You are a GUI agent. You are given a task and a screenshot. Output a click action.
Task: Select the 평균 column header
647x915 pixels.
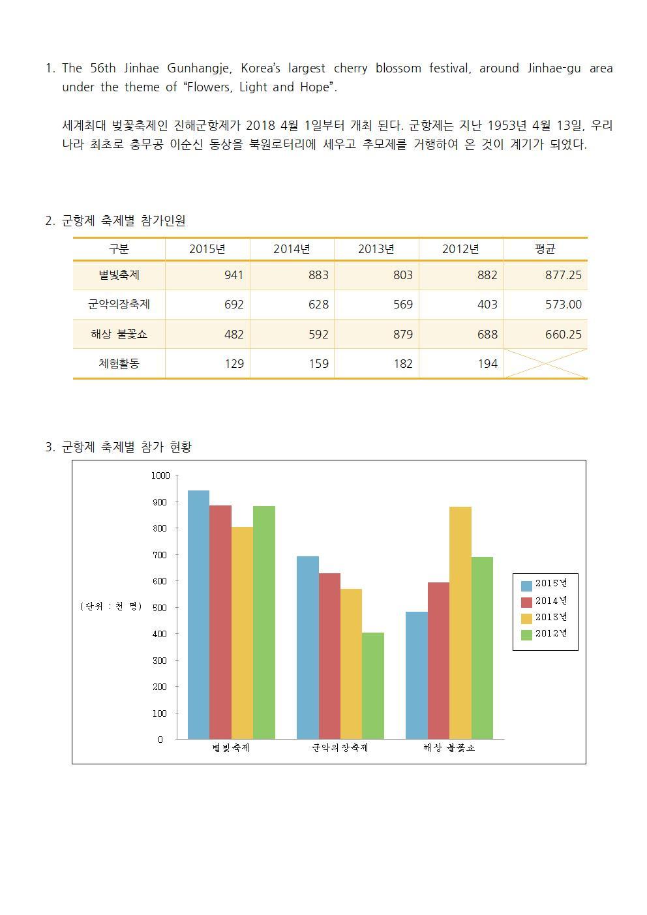[545, 249]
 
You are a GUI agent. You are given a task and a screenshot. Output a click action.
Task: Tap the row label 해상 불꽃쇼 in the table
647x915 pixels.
[119, 335]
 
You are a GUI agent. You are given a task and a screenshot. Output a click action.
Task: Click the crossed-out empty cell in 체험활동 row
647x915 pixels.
[545, 364]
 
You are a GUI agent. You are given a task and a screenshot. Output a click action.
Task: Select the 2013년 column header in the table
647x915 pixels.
[376, 249]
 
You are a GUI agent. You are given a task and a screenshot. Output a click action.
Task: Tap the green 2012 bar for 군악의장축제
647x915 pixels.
[372, 685]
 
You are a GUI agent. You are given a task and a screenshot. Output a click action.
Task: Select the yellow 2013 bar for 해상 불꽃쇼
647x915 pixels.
[460, 623]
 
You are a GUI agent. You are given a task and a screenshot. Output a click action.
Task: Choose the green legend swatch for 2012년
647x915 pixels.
[526, 635]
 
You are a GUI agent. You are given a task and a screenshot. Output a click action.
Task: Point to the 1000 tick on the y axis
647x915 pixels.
[160, 476]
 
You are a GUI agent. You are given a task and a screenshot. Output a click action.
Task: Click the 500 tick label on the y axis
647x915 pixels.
[160, 608]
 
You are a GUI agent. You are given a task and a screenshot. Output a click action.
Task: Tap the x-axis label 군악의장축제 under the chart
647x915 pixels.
[340, 748]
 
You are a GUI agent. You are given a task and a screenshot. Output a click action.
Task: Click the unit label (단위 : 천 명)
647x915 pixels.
[111, 607]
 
